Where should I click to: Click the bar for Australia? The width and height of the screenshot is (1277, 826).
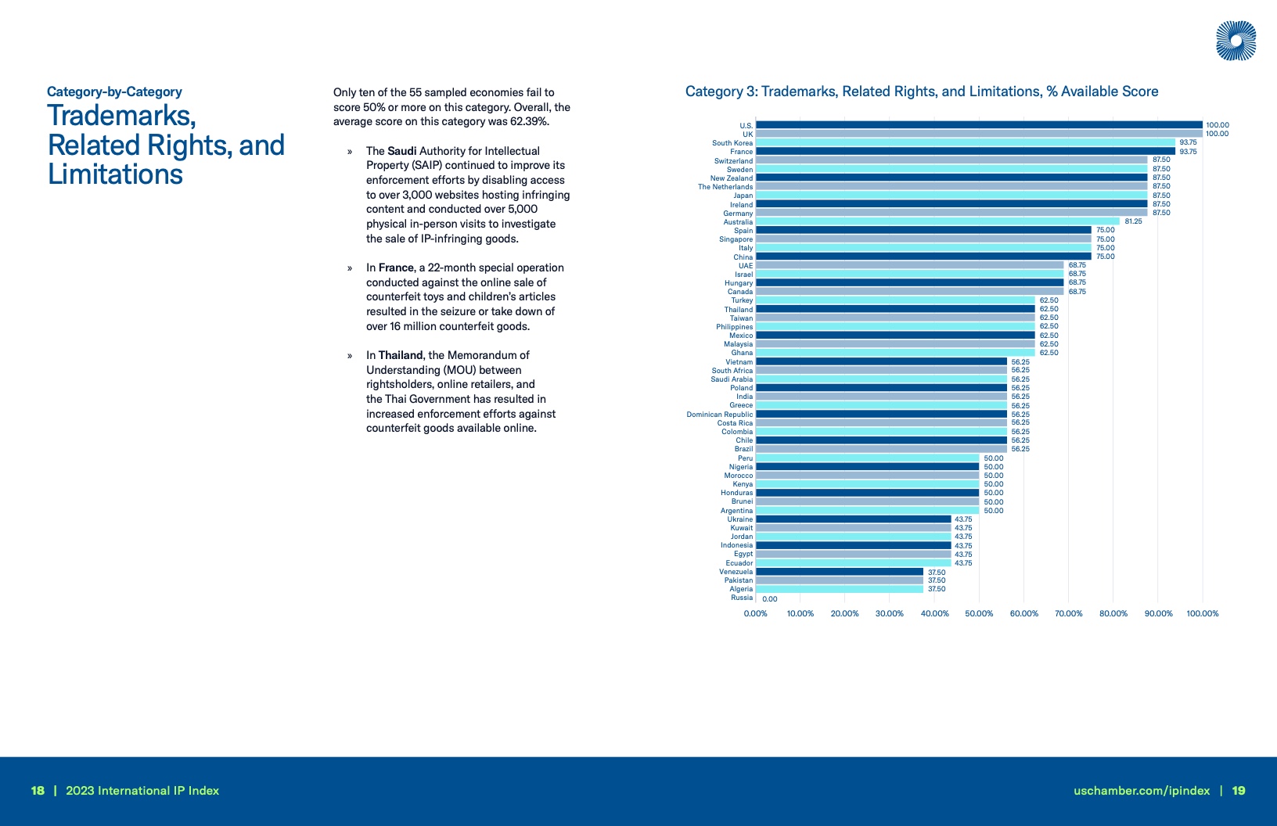(937, 221)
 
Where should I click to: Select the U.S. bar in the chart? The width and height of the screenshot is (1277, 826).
(978, 125)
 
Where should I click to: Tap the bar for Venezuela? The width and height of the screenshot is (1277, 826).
(839, 572)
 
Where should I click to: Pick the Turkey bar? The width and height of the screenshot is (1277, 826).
(895, 300)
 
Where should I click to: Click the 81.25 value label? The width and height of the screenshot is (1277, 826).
(1133, 221)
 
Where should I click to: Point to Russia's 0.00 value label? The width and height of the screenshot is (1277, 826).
(770, 599)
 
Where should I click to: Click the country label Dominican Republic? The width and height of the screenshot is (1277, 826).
(719, 415)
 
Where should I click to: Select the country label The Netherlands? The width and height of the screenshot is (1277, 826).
(725, 187)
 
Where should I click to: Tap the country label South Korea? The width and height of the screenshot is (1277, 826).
(732, 143)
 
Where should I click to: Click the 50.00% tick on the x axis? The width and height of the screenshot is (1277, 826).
(979, 614)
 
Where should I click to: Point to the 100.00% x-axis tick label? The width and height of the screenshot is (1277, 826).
(1203, 614)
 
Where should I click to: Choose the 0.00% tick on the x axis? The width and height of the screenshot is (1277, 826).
(755, 614)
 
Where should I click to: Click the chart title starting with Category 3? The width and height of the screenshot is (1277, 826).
(921, 92)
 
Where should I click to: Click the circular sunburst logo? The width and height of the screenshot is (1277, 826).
(1236, 41)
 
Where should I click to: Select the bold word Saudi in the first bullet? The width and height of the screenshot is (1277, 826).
(402, 151)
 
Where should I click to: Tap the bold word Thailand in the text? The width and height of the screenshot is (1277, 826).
(401, 355)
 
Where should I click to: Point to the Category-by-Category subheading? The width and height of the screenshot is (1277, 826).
(114, 92)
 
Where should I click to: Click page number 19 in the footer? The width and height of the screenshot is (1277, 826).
(1239, 791)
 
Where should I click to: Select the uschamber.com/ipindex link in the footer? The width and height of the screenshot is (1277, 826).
(1142, 791)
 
